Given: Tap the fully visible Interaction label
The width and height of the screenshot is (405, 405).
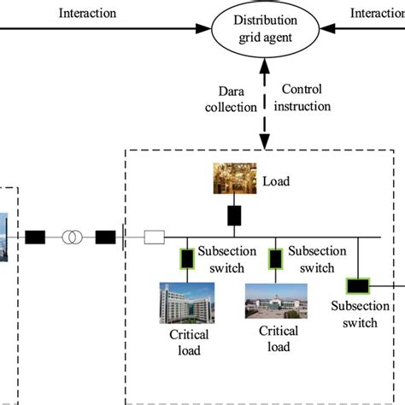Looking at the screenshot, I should tap(88, 14).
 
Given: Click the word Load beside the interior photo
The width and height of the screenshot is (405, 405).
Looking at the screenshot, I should tap(277, 181).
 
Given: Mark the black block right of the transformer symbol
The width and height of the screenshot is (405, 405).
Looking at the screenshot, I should tap(105, 237).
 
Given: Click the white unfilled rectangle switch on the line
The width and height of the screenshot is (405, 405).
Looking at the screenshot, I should tap(155, 237).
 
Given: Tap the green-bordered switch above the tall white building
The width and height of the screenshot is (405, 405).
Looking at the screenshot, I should tap(185, 258).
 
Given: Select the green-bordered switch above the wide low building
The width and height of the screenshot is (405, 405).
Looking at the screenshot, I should tap(275, 258).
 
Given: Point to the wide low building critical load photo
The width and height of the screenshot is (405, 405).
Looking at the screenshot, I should tap(274, 308).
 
